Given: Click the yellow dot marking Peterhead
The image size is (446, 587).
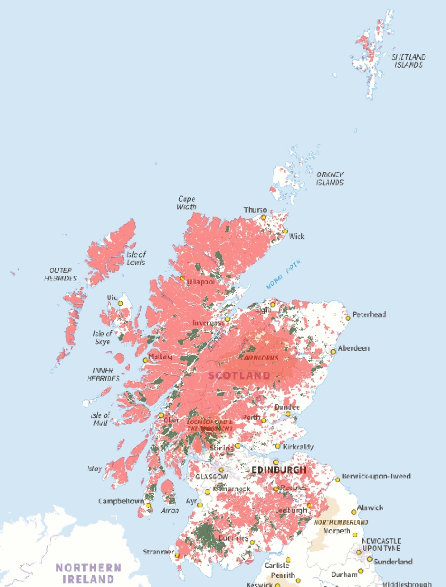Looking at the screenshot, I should tap(348, 318).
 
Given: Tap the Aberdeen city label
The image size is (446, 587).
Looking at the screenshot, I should tap(354, 348).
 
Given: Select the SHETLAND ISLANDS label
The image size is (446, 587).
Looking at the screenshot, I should tap(408, 61).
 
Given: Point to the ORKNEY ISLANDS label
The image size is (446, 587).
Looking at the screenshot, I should tap(330, 178).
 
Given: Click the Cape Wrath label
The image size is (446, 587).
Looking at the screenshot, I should tap(186, 203).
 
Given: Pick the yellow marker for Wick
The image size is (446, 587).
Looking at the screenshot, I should tap(285, 231).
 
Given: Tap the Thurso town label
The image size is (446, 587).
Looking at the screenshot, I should tap(256, 210).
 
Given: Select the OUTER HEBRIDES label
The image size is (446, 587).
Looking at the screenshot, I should tap(61, 274).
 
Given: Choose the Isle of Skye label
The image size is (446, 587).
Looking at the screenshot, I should tap(102, 337).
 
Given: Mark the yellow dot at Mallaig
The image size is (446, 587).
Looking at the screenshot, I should tap(145, 360).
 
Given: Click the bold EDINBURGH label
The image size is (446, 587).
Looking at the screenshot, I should tap(279, 470).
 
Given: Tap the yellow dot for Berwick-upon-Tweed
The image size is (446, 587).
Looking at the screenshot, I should tap(337, 480).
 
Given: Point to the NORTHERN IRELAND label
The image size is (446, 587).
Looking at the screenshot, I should tap(88, 573).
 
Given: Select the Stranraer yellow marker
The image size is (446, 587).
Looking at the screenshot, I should tap(177, 555).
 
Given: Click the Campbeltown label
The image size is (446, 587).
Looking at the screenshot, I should tap(121, 501).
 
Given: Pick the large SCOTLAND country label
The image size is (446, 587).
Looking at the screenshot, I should tap(239, 375).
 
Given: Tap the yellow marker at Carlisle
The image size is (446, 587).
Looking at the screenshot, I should tap(288, 560).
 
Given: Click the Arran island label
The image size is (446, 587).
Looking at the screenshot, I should tap(170, 510).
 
